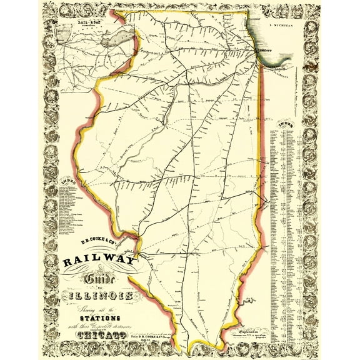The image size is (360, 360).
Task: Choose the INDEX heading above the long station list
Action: (287, 124)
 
